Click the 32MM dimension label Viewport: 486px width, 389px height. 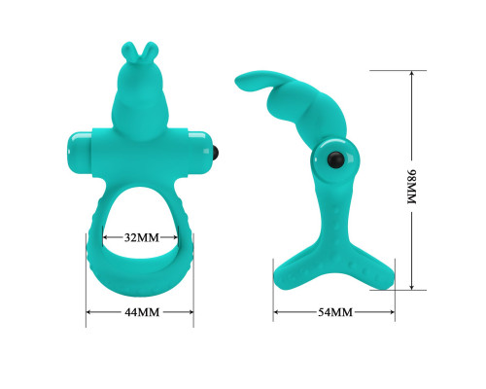pos(142,237)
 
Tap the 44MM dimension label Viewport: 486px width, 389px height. pos(142,312)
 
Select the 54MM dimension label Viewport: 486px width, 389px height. pos(334,312)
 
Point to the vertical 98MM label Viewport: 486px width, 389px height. pos(411,187)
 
